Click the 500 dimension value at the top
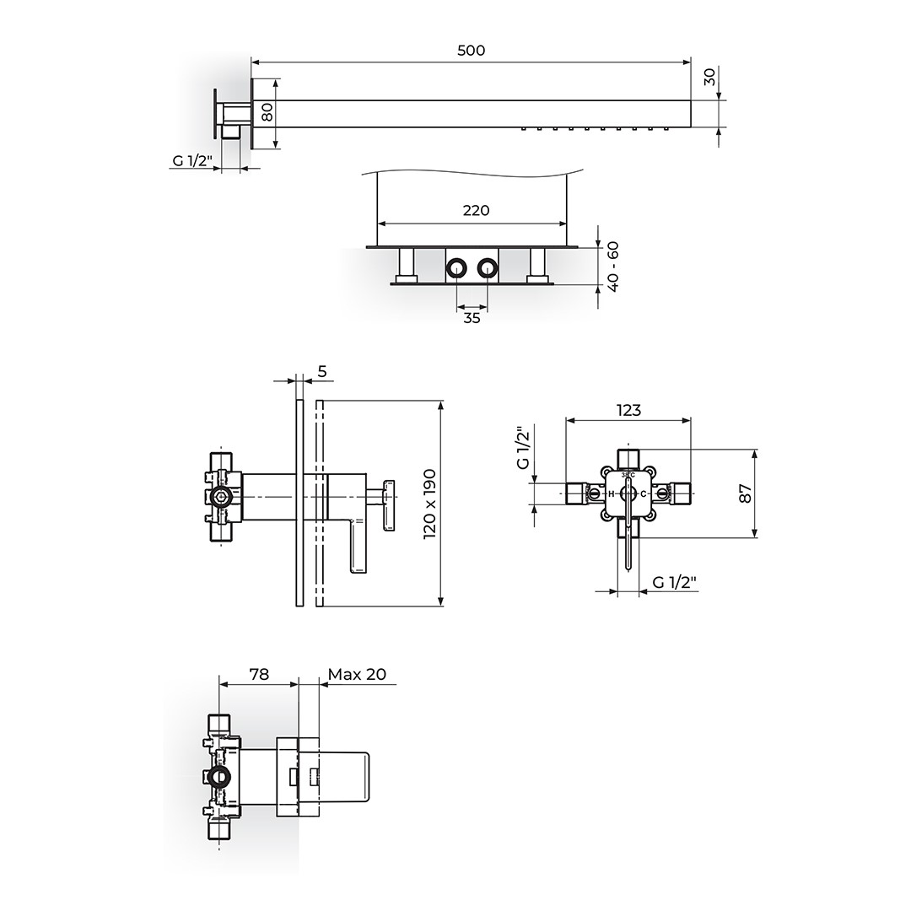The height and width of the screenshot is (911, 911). tap(471, 51)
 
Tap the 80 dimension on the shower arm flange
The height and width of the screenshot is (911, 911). tap(267, 112)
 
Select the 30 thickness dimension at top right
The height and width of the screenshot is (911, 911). tap(709, 76)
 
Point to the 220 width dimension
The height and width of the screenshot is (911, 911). tap(476, 210)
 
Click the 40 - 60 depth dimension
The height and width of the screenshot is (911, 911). tap(613, 267)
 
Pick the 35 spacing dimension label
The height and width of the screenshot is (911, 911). tap(472, 318)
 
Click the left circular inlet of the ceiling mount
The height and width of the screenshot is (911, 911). tap(456, 268)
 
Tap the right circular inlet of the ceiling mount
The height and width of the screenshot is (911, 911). tap(487, 268)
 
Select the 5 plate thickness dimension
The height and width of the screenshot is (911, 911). tap(323, 370)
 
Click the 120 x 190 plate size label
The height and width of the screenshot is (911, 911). tap(430, 504)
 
